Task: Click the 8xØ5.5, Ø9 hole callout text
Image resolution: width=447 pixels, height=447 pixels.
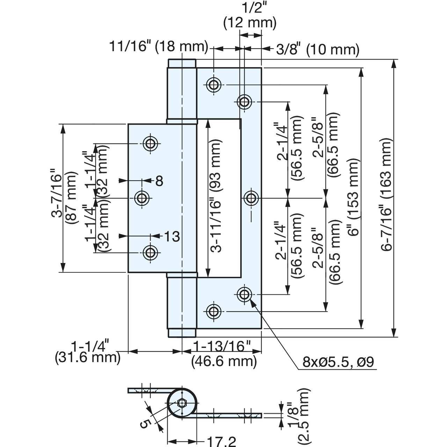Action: click(x=338, y=362)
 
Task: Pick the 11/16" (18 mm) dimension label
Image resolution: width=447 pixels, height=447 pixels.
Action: click(x=159, y=46)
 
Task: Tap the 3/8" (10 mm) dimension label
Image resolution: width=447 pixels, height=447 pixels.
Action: click(x=318, y=49)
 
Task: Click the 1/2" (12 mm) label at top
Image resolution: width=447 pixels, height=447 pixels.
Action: click(x=250, y=15)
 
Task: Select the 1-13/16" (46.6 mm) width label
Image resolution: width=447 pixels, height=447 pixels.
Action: click(x=224, y=354)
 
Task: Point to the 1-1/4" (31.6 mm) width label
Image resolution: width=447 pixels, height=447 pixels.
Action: click(x=88, y=351)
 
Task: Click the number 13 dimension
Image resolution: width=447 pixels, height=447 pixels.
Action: click(x=172, y=236)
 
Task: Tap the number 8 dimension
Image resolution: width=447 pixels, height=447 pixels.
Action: click(x=159, y=181)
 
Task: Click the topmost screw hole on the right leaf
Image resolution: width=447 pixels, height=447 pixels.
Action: click(x=213, y=85)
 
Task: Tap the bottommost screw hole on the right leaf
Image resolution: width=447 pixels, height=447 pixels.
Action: click(x=213, y=312)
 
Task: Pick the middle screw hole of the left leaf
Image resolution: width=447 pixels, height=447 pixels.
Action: click(x=142, y=198)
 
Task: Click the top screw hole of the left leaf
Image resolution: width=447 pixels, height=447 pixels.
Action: click(x=150, y=144)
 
